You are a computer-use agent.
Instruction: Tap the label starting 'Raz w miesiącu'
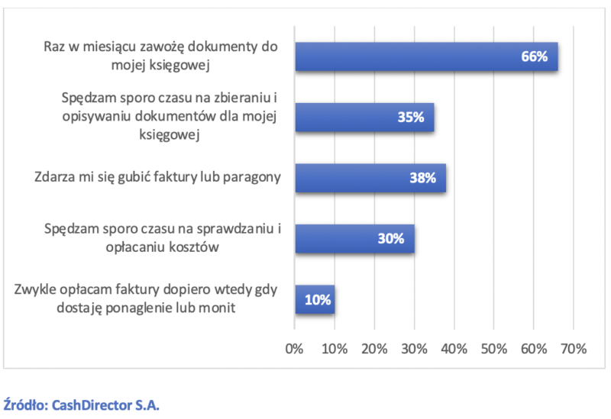[x=160, y=56]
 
